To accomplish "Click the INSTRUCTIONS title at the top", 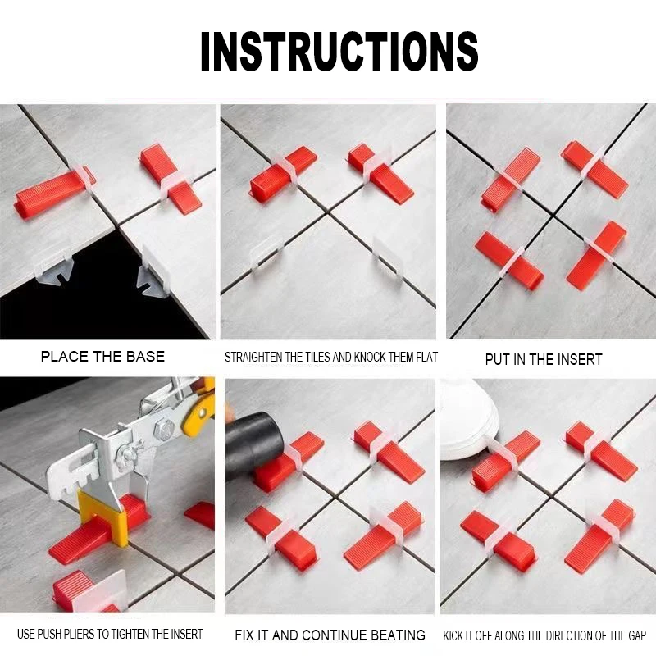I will coord(339,51).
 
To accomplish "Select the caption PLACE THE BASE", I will coord(102,357).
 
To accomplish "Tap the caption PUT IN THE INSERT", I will coord(544,359).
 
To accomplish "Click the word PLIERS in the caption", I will coord(92,634).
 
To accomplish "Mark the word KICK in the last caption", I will coord(453,635).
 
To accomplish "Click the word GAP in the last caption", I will coord(635,635).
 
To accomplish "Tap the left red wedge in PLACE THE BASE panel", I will coord(53,194).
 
